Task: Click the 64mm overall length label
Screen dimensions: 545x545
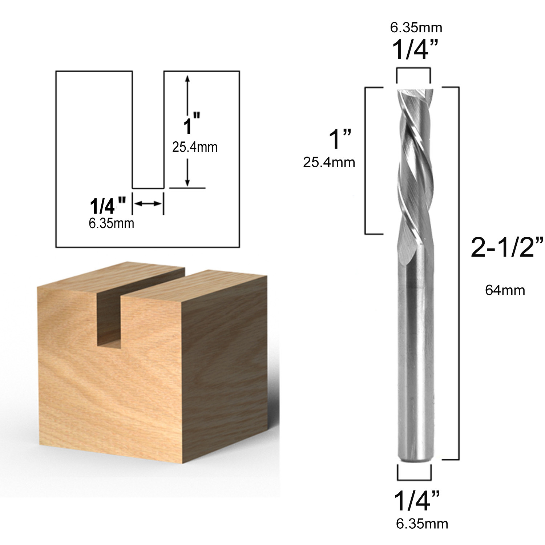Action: [505, 290]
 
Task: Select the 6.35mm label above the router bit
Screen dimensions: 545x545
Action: [416, 27]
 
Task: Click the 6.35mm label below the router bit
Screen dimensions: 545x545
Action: [422, 524]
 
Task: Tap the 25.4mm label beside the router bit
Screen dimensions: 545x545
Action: [329, 162]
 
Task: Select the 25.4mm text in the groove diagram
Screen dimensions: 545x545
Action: [195, 147]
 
